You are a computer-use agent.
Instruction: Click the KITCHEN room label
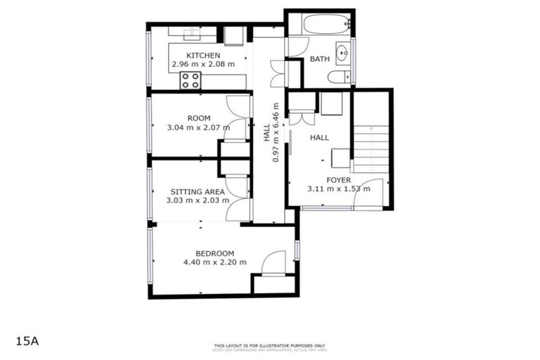click(203, 56)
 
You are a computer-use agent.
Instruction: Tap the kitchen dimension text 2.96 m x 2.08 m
click(203, 65)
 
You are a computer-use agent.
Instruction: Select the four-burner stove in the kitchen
click(190, 80)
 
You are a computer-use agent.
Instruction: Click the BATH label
click(320, 60)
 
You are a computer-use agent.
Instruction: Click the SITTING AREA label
click(198, 191)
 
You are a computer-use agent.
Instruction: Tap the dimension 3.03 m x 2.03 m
click(198, 200)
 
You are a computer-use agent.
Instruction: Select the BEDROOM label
click(214, 253)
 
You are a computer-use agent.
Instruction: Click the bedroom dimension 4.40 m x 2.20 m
click(214, 262)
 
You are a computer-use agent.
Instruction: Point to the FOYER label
click(338, 180)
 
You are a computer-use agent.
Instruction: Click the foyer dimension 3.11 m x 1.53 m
click(338, 189)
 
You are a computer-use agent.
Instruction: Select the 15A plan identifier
click(27, 341)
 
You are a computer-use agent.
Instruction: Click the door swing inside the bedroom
click(273, 263)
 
